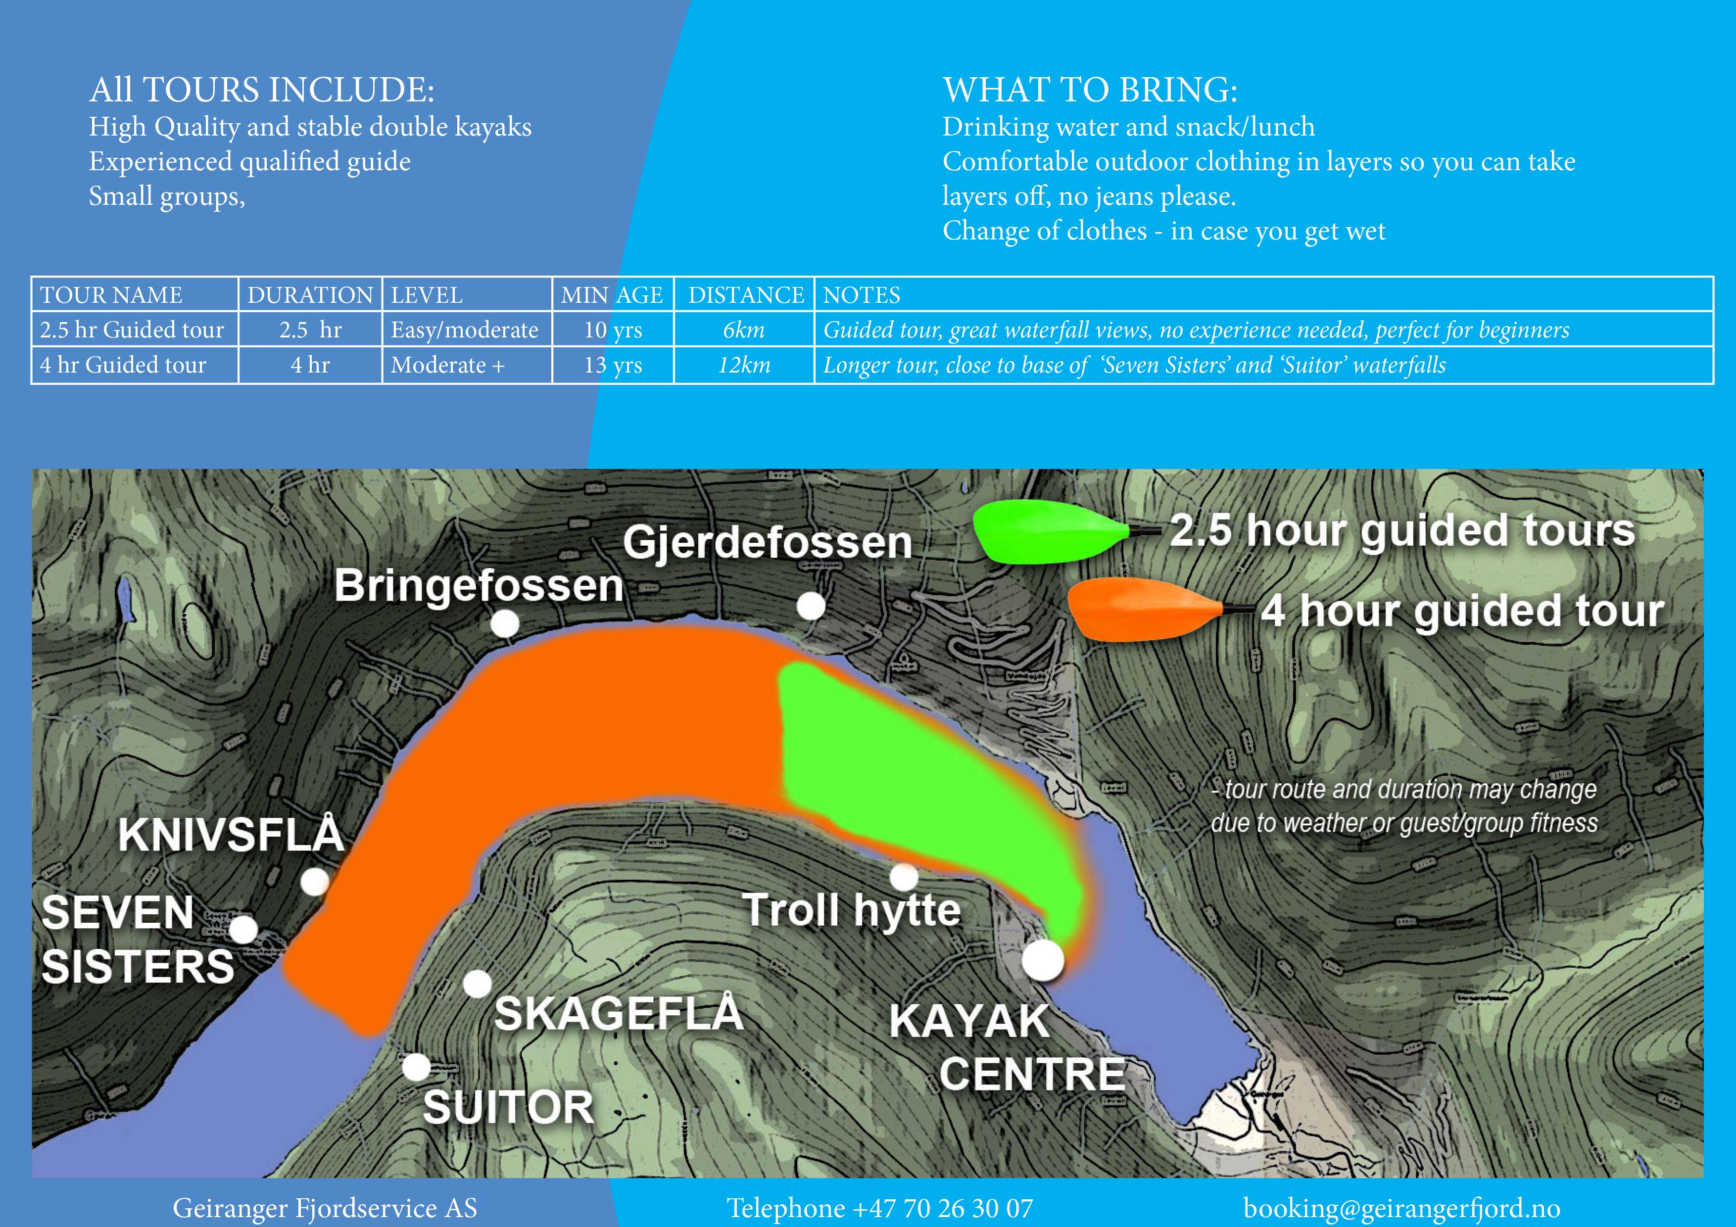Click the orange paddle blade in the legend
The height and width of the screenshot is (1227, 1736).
(1143, 610)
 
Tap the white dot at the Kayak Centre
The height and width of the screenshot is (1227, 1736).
(1043, 960)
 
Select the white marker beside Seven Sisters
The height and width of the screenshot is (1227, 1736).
(242, 929)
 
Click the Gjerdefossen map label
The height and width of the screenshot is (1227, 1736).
(768, 542)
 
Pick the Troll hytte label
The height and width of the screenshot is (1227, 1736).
(852, 909)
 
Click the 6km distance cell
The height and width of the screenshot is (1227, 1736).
(744, 330)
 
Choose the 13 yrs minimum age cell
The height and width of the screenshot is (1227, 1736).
(613, 365)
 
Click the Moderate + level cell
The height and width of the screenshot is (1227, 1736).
(448, 365)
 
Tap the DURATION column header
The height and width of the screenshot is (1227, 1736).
(310, 295)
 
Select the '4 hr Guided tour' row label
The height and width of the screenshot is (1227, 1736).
(123, 365)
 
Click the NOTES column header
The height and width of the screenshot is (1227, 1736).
(861, 295)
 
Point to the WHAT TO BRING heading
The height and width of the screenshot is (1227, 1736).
(1090, 89)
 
